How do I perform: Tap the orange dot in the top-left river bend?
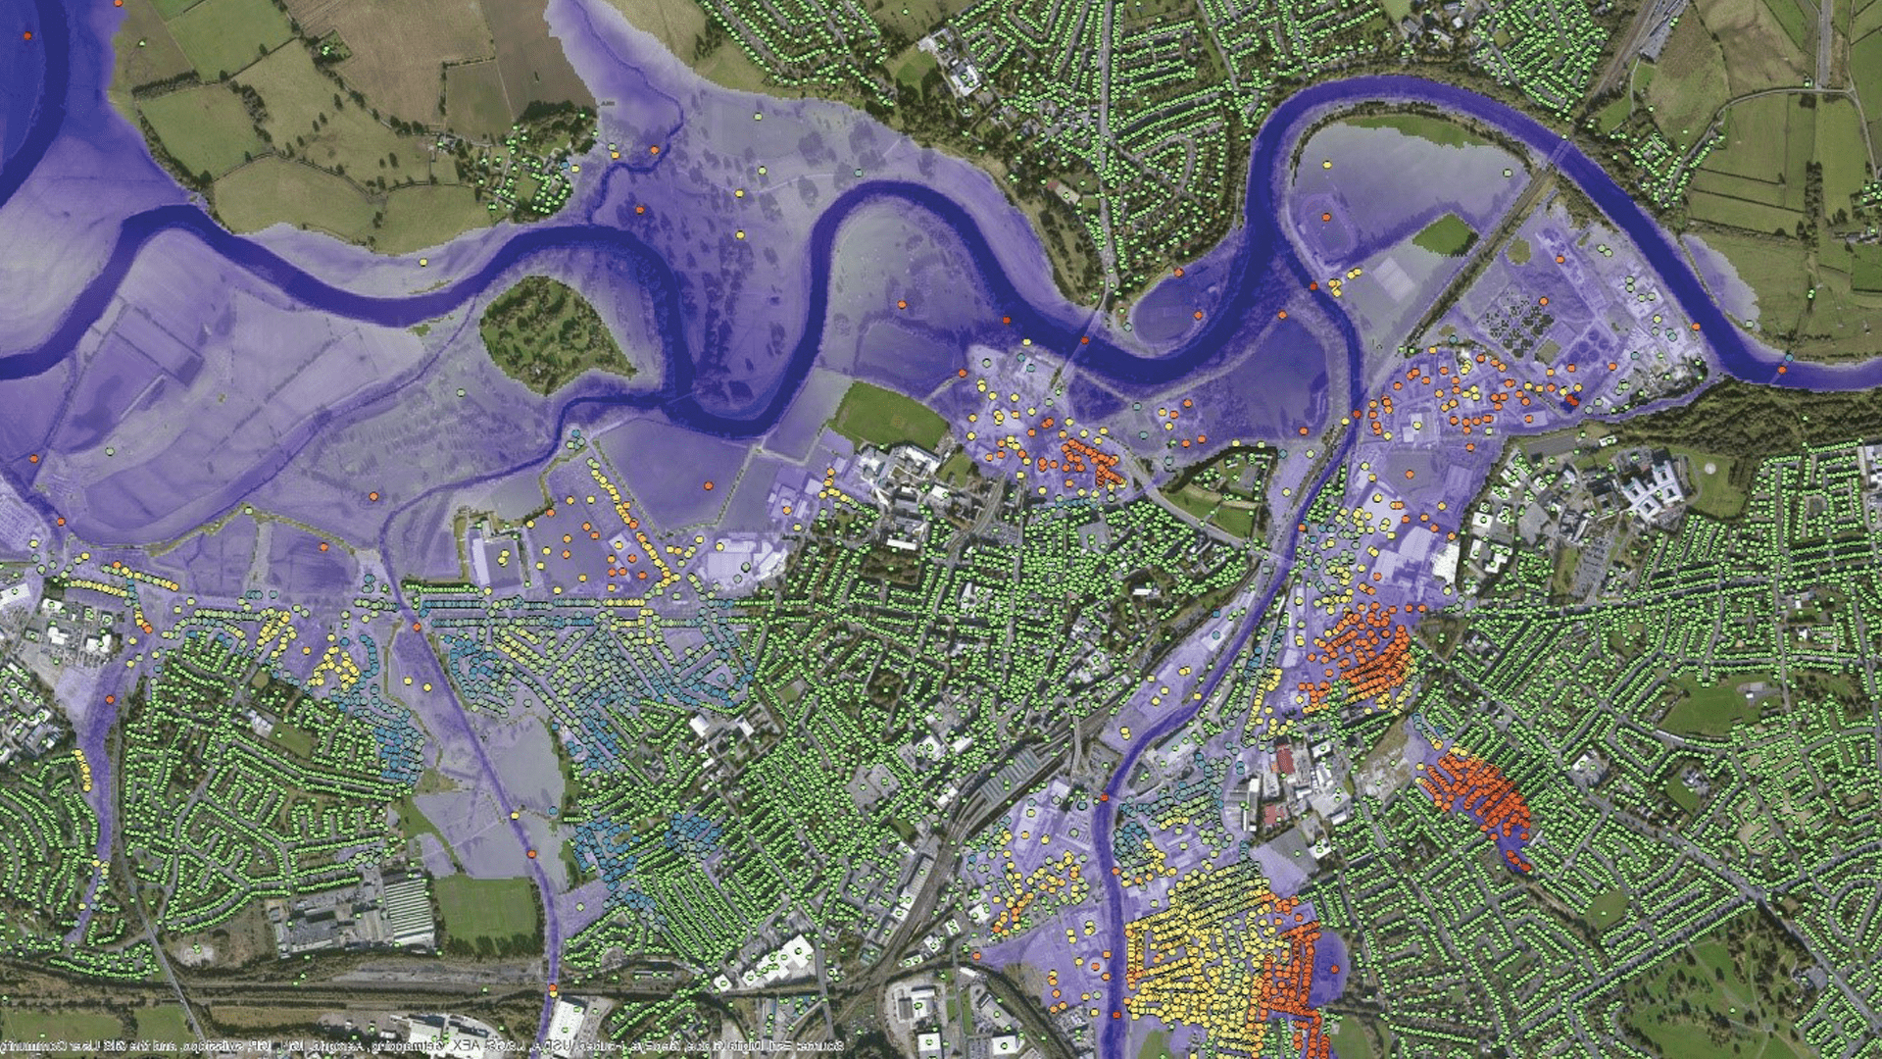tap(27, 35)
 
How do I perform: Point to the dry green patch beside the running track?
tap(1443, 233)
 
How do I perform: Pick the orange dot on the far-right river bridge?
tap(1781, 371)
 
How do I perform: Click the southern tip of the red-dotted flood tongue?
tap(1521, 867)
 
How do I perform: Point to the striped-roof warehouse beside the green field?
tap(407, 909)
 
